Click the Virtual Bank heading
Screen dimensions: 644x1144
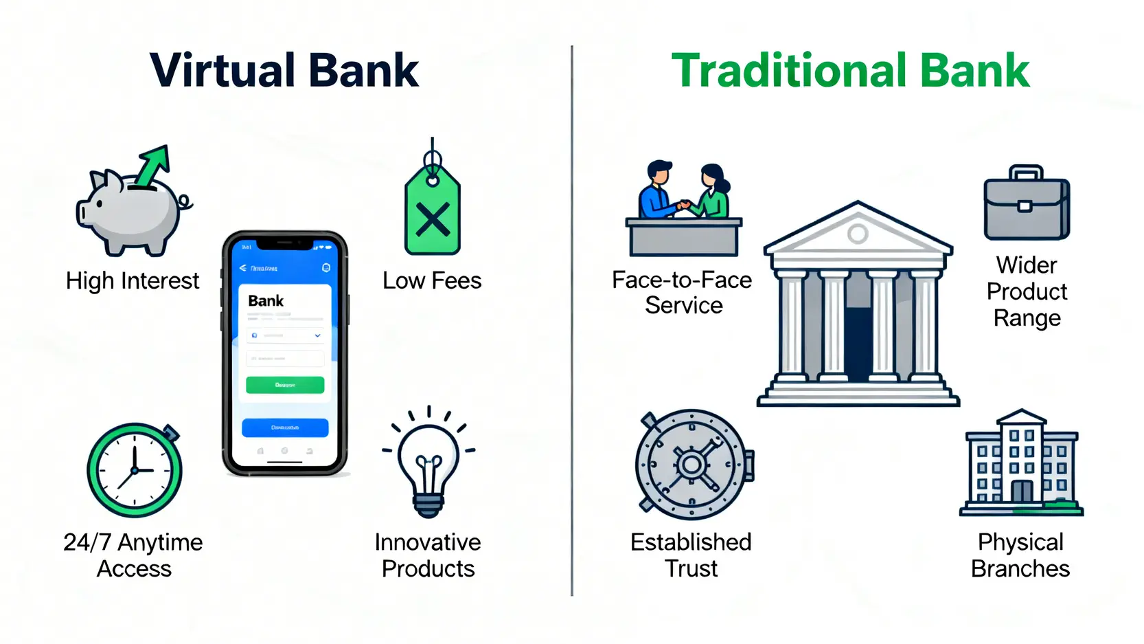284,71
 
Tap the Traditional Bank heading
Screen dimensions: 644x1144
850,71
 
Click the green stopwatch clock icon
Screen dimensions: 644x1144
135,470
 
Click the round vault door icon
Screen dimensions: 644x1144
692,465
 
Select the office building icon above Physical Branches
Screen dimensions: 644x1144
1021,465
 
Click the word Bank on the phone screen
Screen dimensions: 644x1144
266,301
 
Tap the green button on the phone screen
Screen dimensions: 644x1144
285,385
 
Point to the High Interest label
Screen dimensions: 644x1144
133,281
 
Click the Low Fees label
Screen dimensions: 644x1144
432,281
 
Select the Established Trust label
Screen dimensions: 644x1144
691,555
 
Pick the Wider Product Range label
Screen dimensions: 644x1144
1027,291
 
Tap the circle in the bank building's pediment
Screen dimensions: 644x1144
858,234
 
